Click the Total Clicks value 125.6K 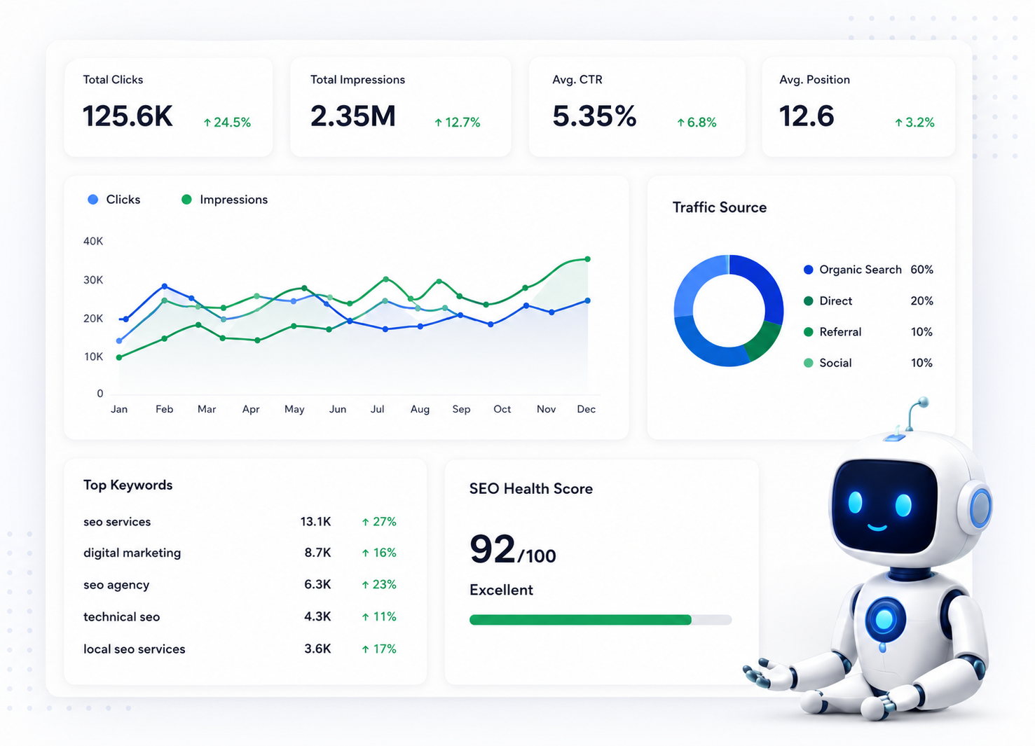tap(128, 116)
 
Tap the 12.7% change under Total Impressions tap(458, 123)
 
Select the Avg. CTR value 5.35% tap(594, 116)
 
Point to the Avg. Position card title tap(814, 79)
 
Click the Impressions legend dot tap(186, 200)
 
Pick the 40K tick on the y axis tap(93, 241)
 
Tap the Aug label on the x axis tap(420, 409)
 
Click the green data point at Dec tap(588, 259)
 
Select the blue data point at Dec tap(588, 301)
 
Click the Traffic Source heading tap(720, 207)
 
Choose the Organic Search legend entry tap(854, 270)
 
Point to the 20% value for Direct tap(921, 301)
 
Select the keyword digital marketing tap(132, 553)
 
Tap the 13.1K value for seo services tap(315, 522)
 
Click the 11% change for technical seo tap(379, 616)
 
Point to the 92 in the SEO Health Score tap(492, 548)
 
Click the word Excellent tap(501, 590)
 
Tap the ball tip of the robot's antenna tap(923, 402)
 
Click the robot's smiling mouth tap(877, 527)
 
